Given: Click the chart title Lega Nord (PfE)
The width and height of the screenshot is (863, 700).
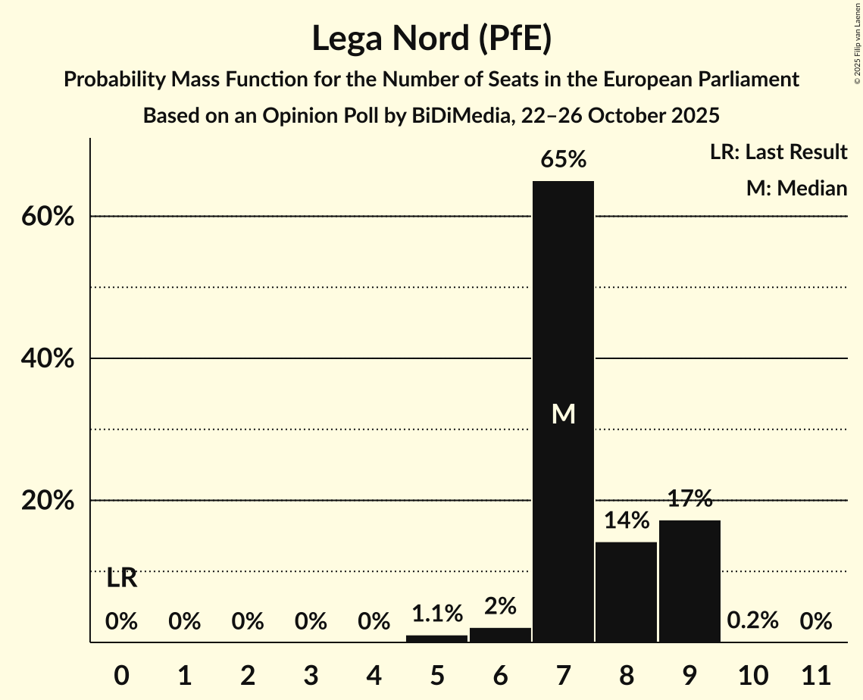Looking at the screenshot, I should pyautogui.click(x=431, y=39).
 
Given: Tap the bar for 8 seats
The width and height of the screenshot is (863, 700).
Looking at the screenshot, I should pyautogui.click(x=626, y=592).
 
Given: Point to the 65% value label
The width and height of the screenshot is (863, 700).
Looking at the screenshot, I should pyautogui.click(x=563, y=160).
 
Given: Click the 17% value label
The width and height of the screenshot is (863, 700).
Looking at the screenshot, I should pyautogui.click(x=689, y=499).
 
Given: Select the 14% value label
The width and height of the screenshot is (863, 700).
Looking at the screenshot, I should pyautogui.click(x=626, y=521).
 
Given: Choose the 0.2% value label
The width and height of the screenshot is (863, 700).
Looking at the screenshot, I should pyautogui.click(x=752, y=621).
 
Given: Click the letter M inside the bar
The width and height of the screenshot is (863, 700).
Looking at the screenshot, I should pyautogui.click(x=563, y=414).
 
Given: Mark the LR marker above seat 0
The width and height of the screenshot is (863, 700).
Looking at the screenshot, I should pyautogui.click(x=121, y=579).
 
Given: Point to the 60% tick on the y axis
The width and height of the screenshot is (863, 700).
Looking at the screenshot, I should pyautogui.click(x=46, y=217).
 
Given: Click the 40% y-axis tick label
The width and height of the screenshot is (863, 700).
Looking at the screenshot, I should pyautogui.click(x=46, y=359).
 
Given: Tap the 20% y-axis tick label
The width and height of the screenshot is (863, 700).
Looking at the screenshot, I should pyautogui.click(x=46, y=502).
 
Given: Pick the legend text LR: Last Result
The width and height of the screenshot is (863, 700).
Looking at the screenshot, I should pyautogui.click(x=778, y=152).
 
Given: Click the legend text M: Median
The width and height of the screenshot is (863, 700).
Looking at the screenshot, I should pyautogui.click(x=796, y=188).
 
